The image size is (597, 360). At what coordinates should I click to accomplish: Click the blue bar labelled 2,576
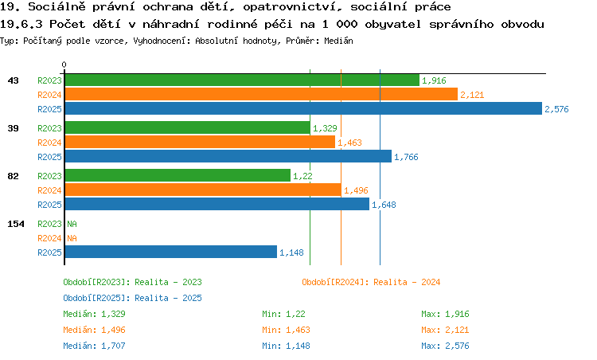(303, 108)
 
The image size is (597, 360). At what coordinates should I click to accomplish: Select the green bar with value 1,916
(242, 80)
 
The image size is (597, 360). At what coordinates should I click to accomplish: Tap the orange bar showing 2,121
(261, 94)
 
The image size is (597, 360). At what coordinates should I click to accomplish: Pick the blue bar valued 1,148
(171, 252)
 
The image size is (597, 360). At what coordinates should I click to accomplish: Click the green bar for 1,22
(178, 175)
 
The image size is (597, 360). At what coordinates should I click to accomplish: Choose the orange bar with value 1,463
(200, 142)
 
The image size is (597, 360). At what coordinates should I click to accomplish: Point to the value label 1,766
(406, 157)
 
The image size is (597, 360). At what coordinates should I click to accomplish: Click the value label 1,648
(384, 205)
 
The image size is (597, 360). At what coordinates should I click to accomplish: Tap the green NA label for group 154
(72, 224)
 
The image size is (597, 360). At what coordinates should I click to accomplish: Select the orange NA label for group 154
(72, 238)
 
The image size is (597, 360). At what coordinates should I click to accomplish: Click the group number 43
(13, 80)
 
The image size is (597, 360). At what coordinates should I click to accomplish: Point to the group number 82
(13, 176)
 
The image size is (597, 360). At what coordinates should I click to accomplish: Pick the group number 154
(16, 224)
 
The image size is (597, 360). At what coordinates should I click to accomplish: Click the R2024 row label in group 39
(49, 143)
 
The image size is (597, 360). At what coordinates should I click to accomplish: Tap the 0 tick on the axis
(64, 65)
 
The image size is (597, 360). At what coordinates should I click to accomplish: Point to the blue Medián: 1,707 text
(94, 346)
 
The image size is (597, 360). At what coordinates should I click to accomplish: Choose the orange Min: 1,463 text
(286, 330)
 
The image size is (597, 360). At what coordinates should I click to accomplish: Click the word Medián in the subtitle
(338, 41)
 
